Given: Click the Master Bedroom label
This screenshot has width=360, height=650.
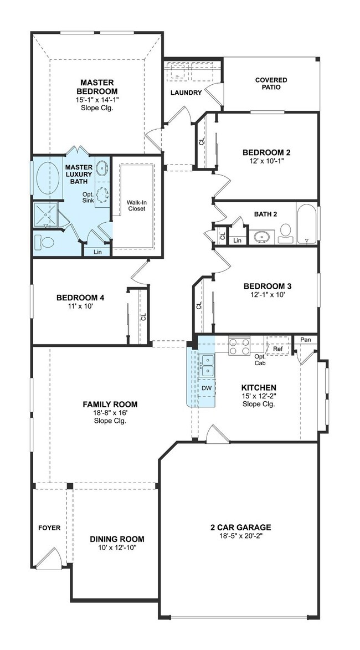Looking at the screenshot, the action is pos(97,86).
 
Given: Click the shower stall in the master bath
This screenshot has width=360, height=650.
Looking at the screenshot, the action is pos(45,215).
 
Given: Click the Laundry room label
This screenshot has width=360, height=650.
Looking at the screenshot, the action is pos(186,93).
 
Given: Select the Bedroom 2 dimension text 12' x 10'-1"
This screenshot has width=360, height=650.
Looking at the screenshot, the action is pos(264,160).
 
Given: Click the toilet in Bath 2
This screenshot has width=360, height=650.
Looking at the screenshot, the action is pos(285,234).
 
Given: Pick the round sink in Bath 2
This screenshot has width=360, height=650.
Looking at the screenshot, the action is pos(261,236).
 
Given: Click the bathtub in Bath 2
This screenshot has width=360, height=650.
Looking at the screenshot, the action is pos(307,223).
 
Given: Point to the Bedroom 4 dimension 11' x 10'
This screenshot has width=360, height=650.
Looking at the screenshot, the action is pos(80,306).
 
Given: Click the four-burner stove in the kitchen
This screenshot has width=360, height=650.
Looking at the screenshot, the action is pos(240,346).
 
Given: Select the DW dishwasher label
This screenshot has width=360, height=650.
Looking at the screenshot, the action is pos(207,388).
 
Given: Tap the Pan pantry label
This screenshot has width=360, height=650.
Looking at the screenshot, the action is pos(306,340).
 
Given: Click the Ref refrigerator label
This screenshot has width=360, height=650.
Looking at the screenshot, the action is pos(278,349).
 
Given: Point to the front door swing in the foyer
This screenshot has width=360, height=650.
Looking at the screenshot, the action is pos(50,557).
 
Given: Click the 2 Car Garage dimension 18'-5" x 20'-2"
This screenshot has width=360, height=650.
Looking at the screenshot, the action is pos(241,536).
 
